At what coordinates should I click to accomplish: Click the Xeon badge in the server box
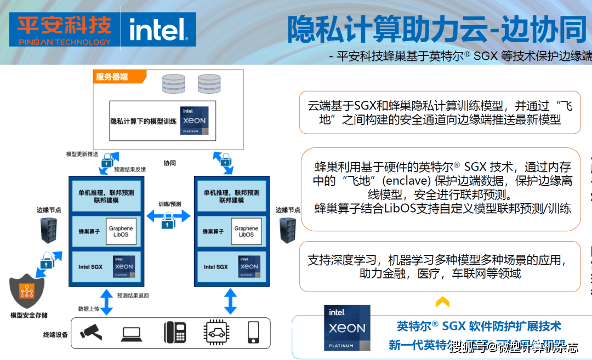tap(194, 121)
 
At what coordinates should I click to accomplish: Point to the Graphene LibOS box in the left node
tap(121, 232)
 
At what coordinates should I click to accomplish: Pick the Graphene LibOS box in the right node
tap(246, 232)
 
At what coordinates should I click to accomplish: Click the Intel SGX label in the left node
tap(91, 267)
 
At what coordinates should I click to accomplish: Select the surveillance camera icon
tap(90, 332)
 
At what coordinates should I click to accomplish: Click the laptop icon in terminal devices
tap(132, 333)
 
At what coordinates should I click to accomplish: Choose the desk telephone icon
tap(175, 332)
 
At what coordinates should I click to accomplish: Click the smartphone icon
tap(253, 332)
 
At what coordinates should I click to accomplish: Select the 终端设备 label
tap(55, 334)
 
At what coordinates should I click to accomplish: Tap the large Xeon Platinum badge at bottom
tap(347, 328)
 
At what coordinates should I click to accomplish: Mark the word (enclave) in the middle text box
tap(406, 180)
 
